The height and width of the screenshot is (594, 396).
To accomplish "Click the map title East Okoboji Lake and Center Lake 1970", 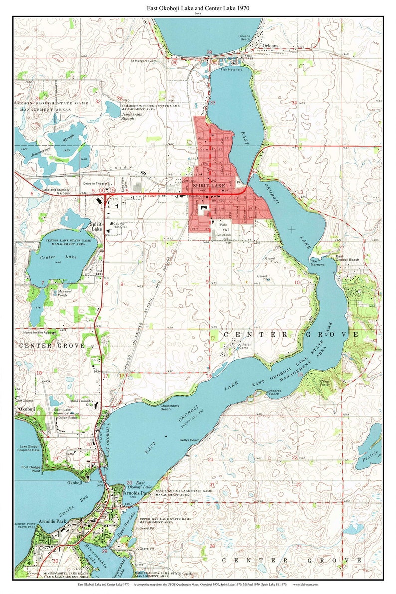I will coord(198,8).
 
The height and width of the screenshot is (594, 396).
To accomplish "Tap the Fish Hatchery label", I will coord(233,70).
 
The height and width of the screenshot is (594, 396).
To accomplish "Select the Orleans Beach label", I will coord(244,38).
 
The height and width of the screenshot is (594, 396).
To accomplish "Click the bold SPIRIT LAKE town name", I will coord(209,185).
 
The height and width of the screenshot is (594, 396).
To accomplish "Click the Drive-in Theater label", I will coord(96,184).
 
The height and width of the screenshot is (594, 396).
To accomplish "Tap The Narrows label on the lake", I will coord(317,262).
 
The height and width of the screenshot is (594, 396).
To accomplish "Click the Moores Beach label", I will coord(275,392).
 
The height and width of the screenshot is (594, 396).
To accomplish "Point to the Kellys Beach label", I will coord(190,440).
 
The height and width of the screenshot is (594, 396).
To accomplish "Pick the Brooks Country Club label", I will coord(81,403).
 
